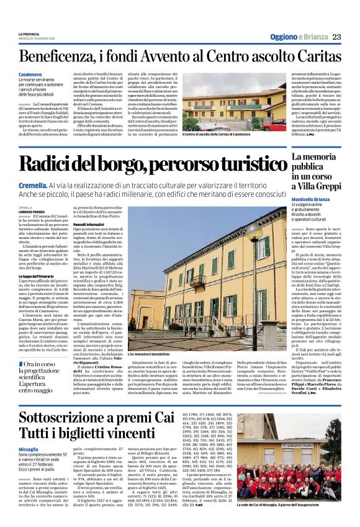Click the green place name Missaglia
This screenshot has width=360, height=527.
29,431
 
